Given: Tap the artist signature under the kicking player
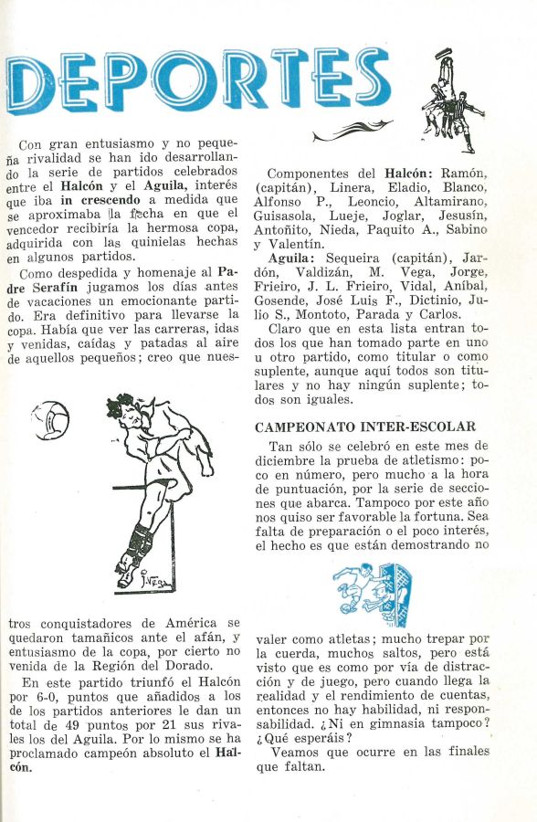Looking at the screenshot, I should (154, 578).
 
